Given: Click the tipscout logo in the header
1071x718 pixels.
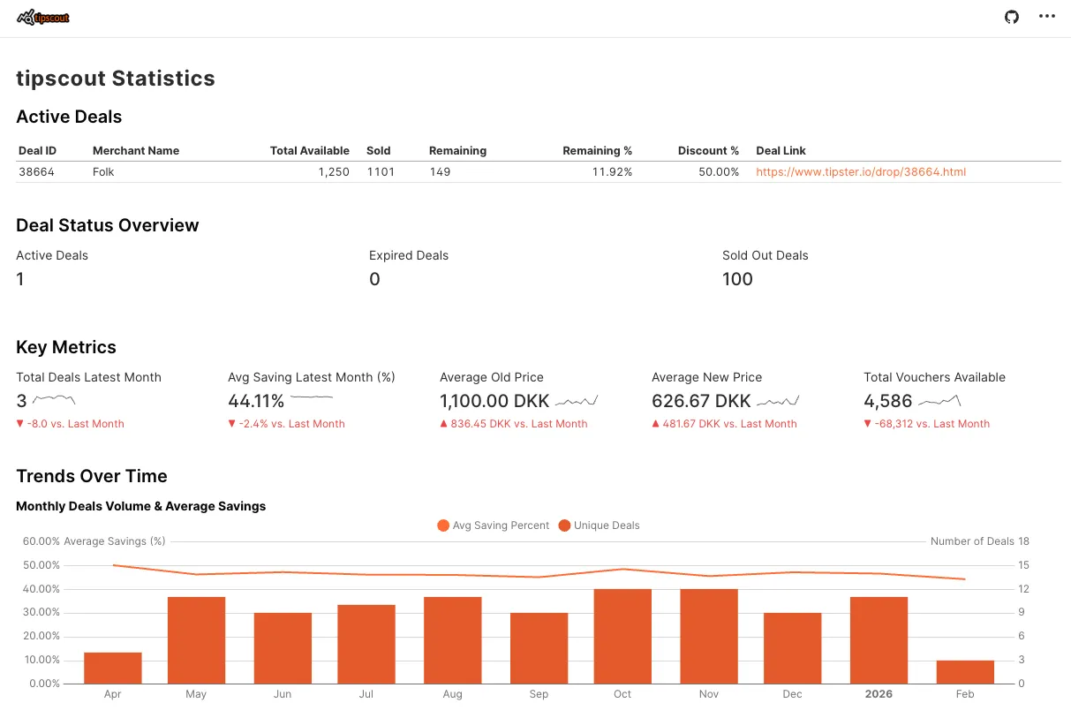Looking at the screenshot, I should (43, 18).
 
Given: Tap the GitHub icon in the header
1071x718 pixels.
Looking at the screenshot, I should (1012, 17).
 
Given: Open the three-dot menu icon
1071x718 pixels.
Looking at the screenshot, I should (1047, 17).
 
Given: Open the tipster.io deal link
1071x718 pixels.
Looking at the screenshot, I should (860, 172).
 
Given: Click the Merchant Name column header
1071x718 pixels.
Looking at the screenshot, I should (136, 151).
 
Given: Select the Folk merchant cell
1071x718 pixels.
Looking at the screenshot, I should (103, 172).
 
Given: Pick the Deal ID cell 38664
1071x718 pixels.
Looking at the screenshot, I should (36, 172).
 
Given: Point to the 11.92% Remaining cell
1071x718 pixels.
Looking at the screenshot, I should (612, 172).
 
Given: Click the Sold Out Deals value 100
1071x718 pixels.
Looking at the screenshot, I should (737, 280).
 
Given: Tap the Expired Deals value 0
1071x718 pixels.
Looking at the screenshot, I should (374, 280).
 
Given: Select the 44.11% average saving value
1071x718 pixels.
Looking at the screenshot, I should (256, 402).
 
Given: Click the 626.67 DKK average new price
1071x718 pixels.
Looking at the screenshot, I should (701, 402).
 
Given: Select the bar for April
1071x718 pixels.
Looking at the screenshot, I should (113, 668).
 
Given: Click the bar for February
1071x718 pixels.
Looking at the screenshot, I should (965, 671).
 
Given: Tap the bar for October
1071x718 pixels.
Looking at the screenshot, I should (622, 636).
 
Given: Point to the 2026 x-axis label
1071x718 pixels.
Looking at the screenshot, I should (879, 694).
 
